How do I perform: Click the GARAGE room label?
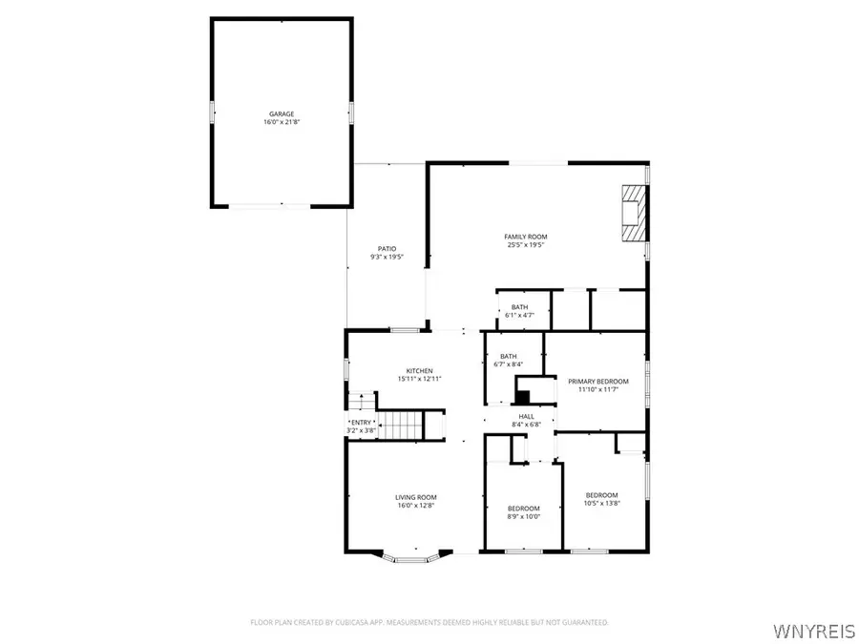point(281,114)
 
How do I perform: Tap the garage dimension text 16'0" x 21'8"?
point(281,122)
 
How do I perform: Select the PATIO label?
point(386,249)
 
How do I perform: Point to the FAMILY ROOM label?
point(526,237)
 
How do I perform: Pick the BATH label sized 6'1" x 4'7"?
point(519,307)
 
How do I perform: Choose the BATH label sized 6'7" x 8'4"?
point(508,356)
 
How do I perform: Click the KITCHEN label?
point(420,370)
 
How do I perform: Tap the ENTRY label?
point(362,423)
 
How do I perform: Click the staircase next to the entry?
point(402,422)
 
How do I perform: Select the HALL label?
point(527,417)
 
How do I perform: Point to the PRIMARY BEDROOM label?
point(598,381)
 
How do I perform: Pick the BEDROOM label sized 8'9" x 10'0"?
point(523,508)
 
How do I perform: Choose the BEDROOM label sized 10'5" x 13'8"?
point(601,494)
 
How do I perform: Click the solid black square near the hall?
point(522,396)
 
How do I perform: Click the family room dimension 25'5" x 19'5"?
point(526,245)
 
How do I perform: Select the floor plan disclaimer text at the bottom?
point(429,622)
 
